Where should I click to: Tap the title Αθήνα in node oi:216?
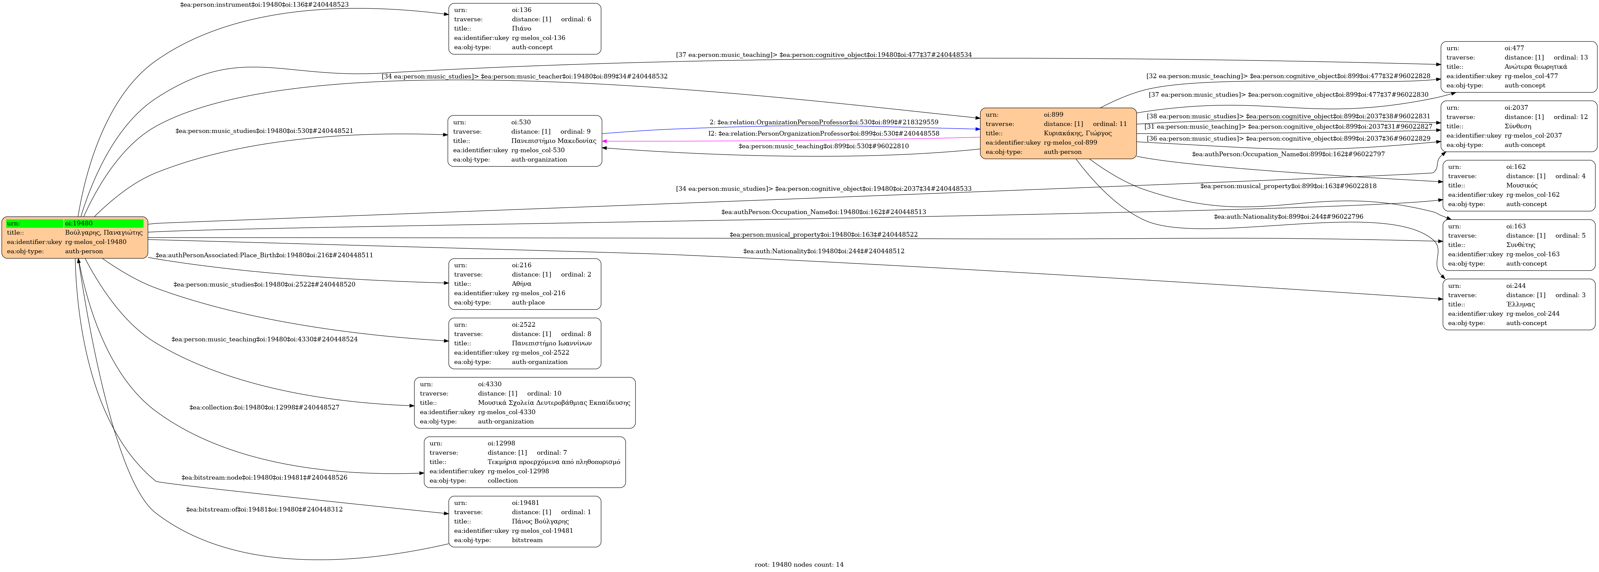click(521, 284)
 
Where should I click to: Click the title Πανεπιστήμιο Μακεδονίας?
click(554, 141)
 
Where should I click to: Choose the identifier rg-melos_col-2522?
click(540, 353)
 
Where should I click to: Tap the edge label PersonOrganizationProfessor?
click(824, 134)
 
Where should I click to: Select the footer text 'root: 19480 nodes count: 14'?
click(799, 565)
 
